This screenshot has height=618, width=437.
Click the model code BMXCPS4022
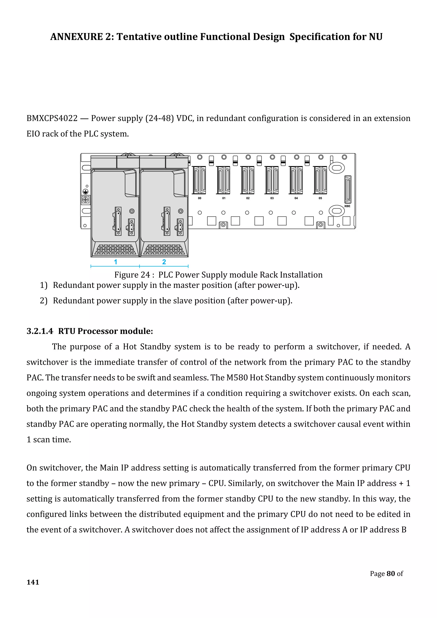(x=52, y=118)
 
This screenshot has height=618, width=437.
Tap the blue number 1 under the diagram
(x=115, y=262)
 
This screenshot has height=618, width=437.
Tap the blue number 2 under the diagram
(x=164, y=262)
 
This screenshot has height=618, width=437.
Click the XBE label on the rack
(x=347, y=206)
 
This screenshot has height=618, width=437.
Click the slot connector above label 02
(x=248, y=180)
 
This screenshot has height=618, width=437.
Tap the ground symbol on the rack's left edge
(x=85, y=192)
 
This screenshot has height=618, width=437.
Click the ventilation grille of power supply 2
(x=164, y=249)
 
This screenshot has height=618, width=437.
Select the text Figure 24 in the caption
(x=132, y=275)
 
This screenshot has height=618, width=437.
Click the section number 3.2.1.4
(x=40, y=331)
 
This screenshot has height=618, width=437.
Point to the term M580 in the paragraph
(x=237, y=378)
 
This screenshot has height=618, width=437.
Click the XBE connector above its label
(x=348, y=189)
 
